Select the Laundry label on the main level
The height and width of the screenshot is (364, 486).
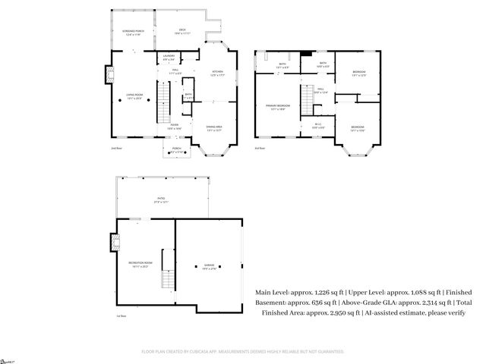(x=169, y=58)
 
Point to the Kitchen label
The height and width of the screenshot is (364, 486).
(x=217, y=74)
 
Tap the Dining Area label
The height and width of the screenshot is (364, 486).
(x=214, y=127)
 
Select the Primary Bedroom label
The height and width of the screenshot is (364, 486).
(x=275, y=108)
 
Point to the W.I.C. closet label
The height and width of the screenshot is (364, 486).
(x=318, y=126)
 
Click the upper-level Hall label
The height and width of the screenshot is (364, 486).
(x=320, y=91)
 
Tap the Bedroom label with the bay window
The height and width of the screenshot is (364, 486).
(x=358, y=128)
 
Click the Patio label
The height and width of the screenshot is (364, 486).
(x=160, y=200)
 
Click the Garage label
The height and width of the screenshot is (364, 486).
(x=207, y=266)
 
